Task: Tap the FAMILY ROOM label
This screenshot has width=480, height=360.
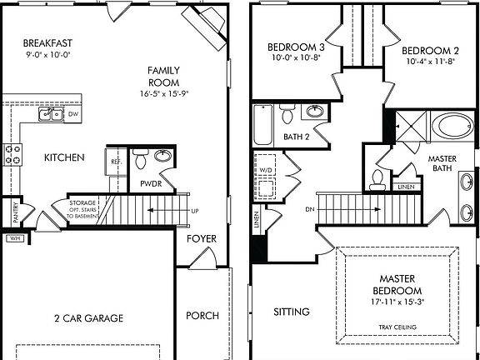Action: [164, 77]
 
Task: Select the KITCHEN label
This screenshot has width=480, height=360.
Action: [64, 157]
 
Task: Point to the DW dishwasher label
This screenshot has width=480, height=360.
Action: [73, 114]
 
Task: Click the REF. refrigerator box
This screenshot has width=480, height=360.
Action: [113, 161]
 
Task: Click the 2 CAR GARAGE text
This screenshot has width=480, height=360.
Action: [88, 317]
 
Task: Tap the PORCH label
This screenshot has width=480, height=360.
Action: [202, 315]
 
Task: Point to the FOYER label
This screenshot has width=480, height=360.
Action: [202, 239]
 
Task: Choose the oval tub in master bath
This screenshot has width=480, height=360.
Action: [453, 126]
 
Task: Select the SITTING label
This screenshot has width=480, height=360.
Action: [292, 312]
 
